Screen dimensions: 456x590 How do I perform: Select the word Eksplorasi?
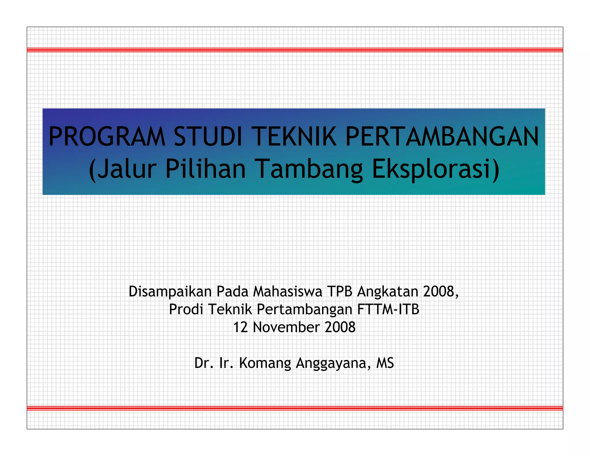click(x=432, y=169)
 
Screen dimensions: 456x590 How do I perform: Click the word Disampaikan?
click(x=170, y=292)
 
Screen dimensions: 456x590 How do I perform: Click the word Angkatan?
click(x=388, y=292)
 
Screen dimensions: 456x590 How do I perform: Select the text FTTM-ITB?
click(x=388, y=309)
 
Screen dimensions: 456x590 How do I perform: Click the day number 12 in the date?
click(x=240, y=327)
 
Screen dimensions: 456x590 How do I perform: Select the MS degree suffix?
click(x=385, y=363)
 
